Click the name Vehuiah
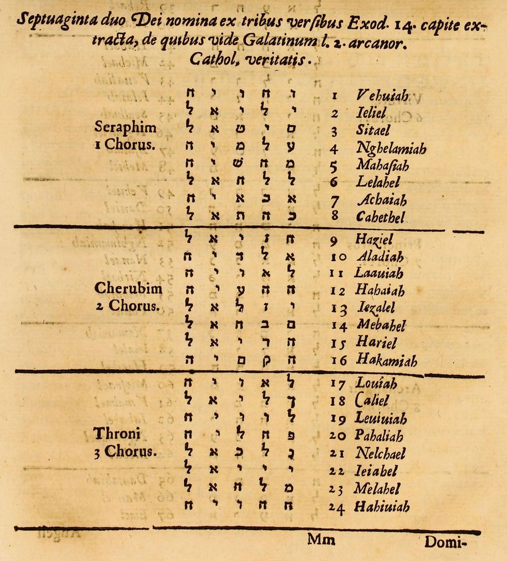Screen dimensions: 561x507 382,96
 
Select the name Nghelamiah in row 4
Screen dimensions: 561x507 391,149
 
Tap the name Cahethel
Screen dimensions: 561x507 381,217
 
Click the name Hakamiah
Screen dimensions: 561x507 386,361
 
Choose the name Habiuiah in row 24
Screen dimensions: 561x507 382,507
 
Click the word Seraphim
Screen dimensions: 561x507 126,128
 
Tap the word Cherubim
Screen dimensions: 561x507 128,289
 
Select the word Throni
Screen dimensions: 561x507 117,434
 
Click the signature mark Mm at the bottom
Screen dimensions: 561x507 321,540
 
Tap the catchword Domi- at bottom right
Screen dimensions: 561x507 446,542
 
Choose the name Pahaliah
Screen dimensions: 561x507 380,435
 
